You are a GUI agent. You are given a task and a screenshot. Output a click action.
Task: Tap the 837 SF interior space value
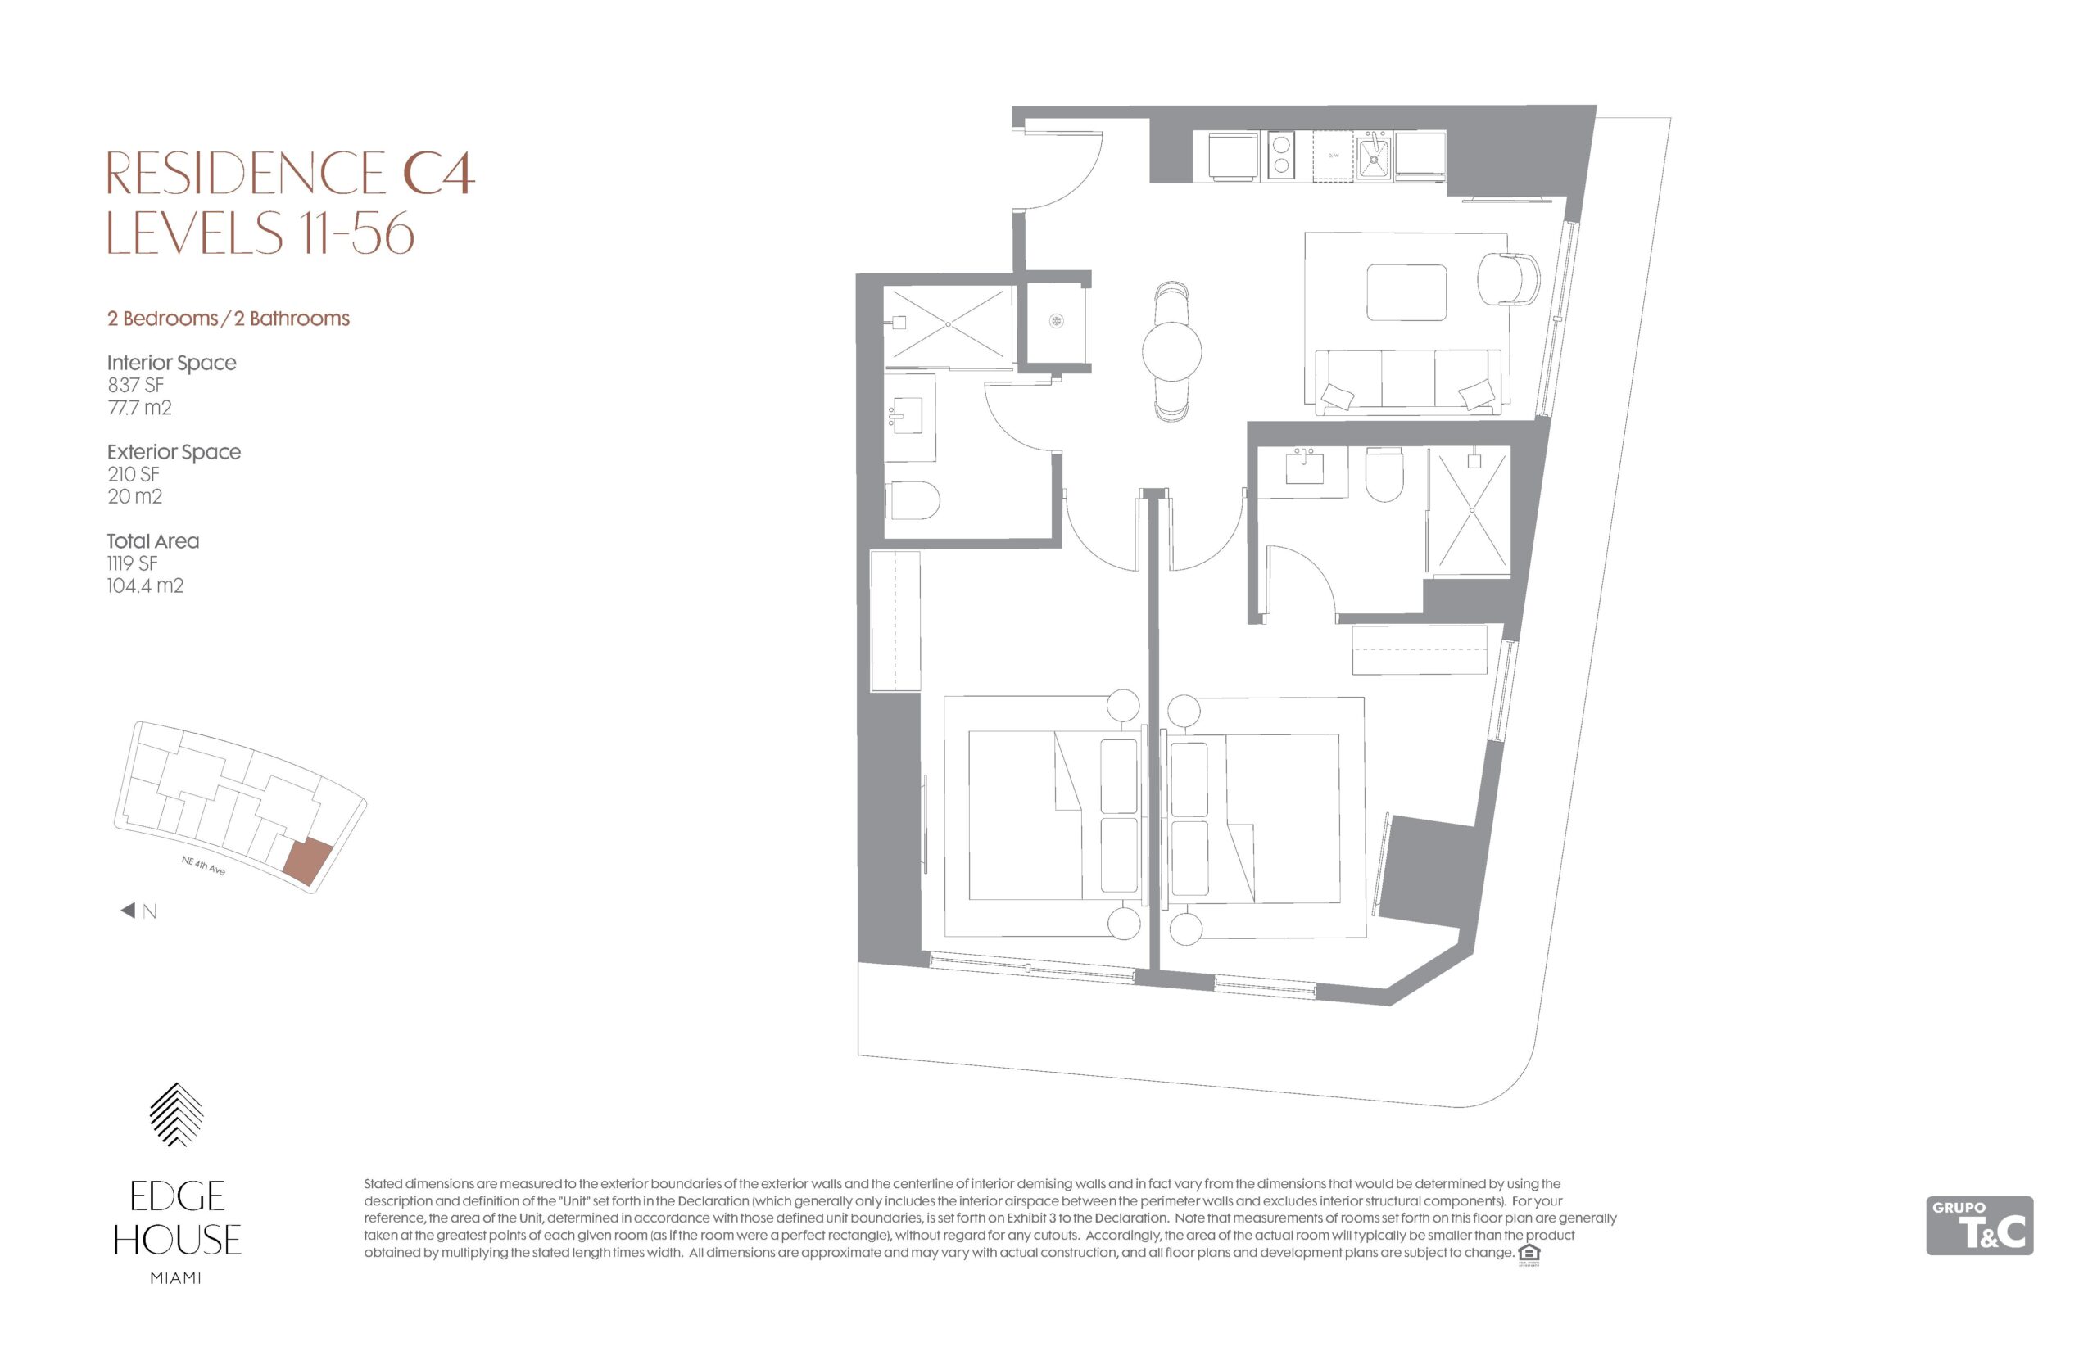136,385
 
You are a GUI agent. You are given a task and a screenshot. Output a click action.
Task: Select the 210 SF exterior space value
133,474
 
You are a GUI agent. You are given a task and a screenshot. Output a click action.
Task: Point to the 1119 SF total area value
132,563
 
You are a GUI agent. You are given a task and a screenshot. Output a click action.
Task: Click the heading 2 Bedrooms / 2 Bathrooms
228,318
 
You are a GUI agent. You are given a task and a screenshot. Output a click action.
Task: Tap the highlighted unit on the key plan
308,861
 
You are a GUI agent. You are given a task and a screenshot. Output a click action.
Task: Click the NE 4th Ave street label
202,866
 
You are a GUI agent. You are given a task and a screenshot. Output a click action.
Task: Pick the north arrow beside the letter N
128,911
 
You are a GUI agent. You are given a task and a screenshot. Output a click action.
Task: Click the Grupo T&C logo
1979,1225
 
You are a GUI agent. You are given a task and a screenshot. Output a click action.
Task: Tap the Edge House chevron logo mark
176,1114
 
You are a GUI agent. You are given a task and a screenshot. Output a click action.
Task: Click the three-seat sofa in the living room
1406,382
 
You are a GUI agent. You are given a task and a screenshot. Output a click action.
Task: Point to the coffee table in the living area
1406,293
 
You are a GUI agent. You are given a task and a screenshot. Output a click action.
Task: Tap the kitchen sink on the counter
1373,156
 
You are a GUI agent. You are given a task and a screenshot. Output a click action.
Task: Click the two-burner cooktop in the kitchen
1279,155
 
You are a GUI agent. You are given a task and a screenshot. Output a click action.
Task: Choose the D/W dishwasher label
1333,155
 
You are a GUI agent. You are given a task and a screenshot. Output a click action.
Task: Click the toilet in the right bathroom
1383,474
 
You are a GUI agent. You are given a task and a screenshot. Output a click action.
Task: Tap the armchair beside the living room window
1509,279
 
